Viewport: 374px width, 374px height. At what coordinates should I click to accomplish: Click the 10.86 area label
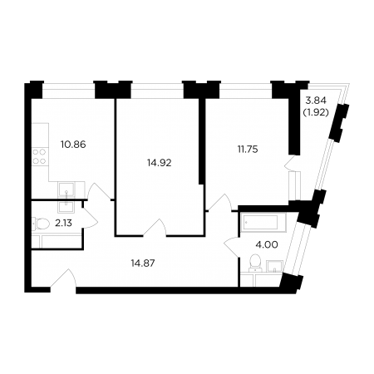pyautogui.click(x=73, y=145)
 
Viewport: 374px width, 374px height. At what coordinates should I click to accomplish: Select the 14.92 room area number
pyautogui.click(x=160, y=163)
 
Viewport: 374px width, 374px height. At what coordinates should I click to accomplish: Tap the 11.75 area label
pyautogui.click(x=248, y=150)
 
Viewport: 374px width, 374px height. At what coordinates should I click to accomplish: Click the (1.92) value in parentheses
pyautogui.click(x=316, y=112)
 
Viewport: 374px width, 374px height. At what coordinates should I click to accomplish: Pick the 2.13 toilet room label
pyautogui.click(x=63, y=223)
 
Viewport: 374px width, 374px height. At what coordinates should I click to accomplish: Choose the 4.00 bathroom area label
pyautogui.click(x=268, y=244)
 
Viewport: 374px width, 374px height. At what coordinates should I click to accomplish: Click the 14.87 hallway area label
pyautogui.click(x=143, y=263)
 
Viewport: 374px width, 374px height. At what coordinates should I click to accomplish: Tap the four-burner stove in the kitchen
pyautogui.click(x=39, y=156)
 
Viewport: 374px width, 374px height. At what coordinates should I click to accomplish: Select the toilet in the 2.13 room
pyautogui.click(x=41, y=224)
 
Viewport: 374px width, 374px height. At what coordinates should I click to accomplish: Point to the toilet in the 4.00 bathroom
pyautogui.click(x=255, y=263)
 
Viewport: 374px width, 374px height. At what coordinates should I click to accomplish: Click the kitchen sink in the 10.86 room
pyautogui.click(x=66, y=189)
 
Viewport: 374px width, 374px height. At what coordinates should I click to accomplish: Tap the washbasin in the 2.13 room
pyautogui.click(x=66, y=206)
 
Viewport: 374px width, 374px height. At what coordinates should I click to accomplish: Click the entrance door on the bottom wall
pyautogui.click(x=64, y=279)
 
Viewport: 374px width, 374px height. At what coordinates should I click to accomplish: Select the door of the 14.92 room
pyautogui.click(x=155, y=227)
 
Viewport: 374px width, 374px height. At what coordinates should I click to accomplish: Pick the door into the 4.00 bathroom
pyautogui.click(x=232, y=248)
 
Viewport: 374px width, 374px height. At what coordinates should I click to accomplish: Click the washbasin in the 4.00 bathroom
pyautogui.click(x=274, y=266)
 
